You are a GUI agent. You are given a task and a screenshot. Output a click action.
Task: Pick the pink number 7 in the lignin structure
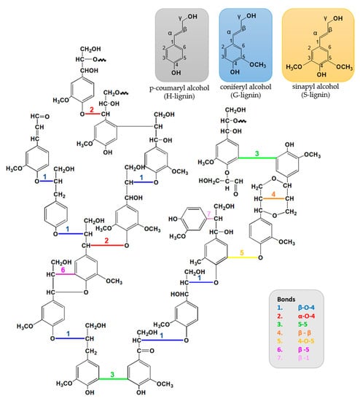coord(207,212)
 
